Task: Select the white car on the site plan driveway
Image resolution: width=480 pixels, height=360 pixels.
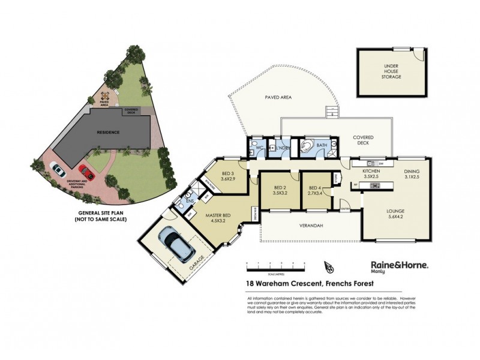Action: [x=58, y=170]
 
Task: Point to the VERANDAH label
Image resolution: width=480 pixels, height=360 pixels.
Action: [x=311, y=226]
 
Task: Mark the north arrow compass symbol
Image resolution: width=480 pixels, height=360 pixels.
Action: [x=328, y=266]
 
